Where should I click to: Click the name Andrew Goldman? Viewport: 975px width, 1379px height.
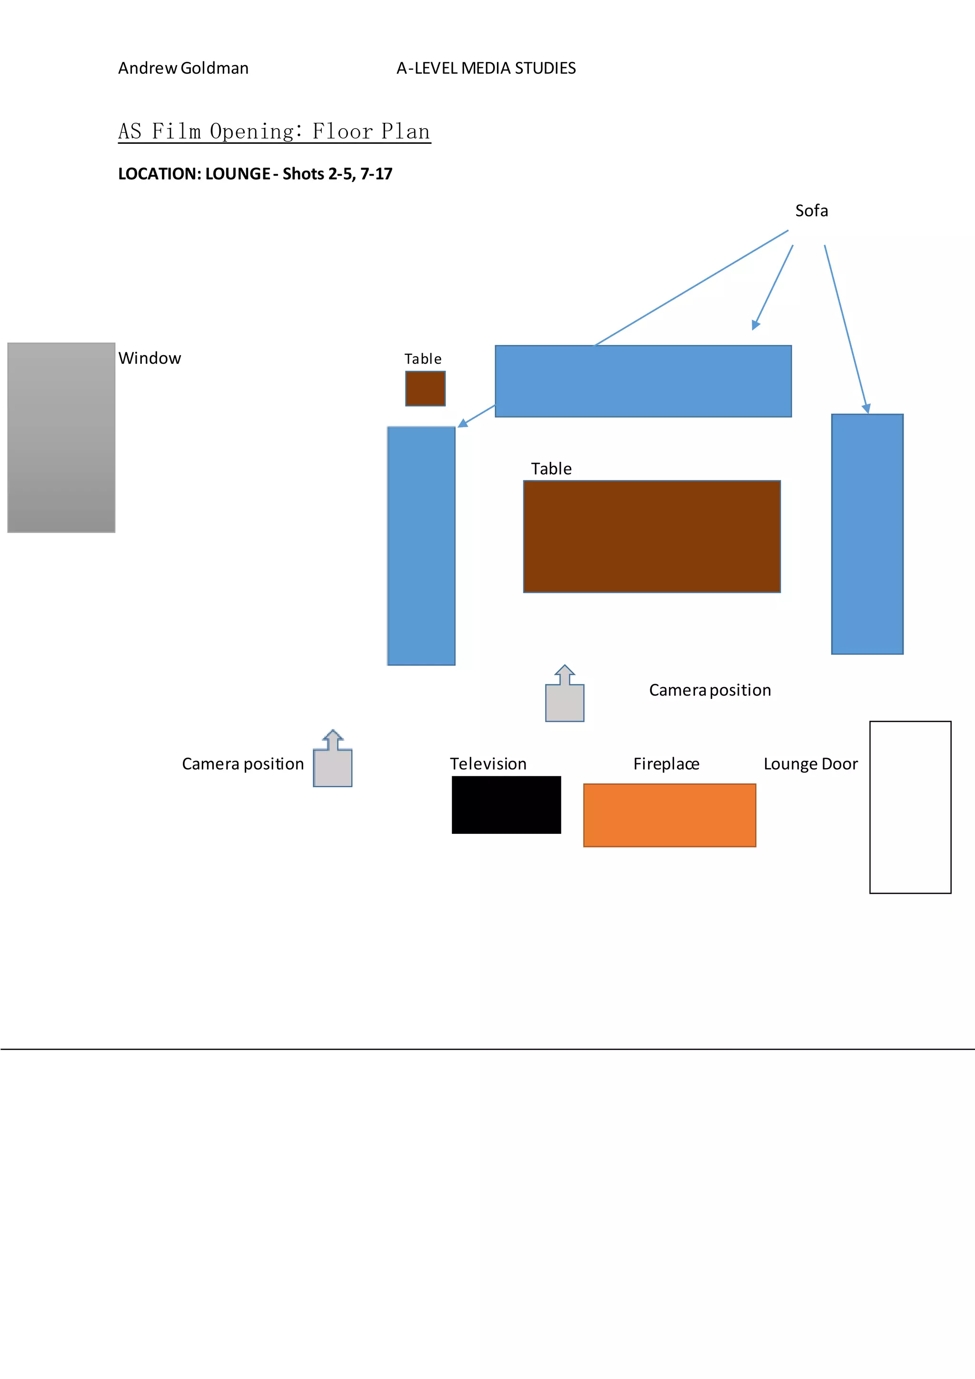coord(183,69)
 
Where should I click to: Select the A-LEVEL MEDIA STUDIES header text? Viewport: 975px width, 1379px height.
coord(486,69)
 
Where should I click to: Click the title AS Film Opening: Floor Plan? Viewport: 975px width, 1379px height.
coord(274,131)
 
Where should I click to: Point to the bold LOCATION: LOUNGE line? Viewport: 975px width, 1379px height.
coord(255,174)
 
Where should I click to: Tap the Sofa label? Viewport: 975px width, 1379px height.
coord(811,211)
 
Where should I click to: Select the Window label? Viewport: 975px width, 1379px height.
coord(149,359)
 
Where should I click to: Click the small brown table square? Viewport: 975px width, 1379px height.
coord(425,389)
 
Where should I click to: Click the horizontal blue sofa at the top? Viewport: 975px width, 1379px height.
coord(643,381)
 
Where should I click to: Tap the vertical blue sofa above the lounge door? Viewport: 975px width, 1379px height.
coord(867,533)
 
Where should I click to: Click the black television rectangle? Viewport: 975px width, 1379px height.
coord(506,805)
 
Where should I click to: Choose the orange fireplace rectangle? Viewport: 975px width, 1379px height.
coord(669,815)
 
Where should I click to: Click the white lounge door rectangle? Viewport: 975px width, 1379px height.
coord(910,807)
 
